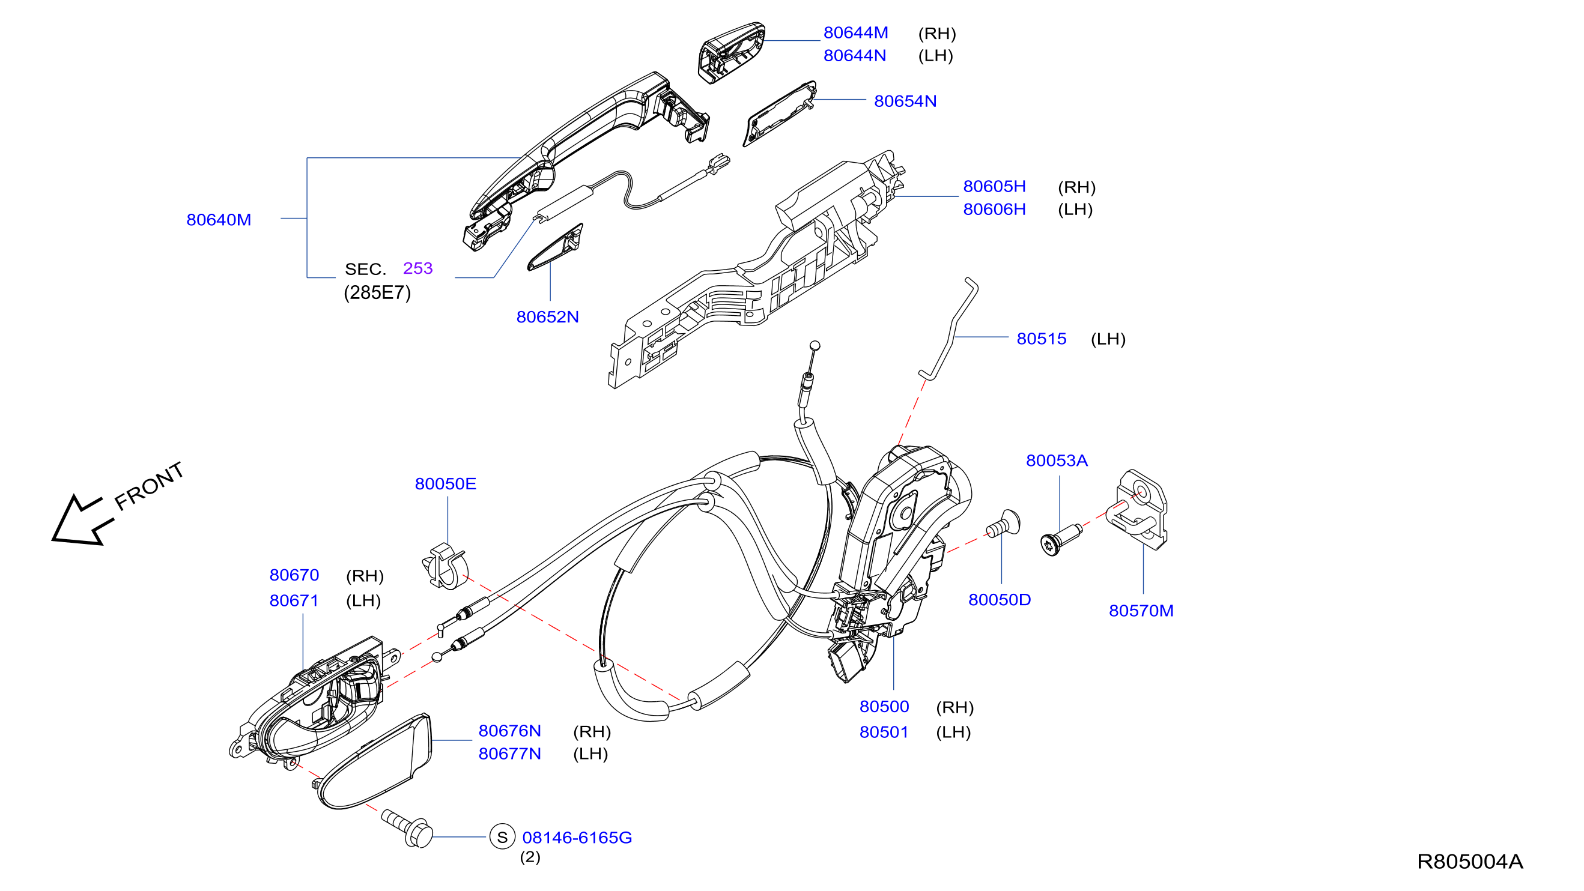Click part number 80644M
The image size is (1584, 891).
pyautogui.click(x=855, y=32)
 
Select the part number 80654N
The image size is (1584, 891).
pyautogui.click(x=905, y=101)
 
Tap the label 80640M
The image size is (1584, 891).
pyautogui.click(x=219, y=220)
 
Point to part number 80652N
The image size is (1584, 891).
pyautogui.click(x=547, y=317)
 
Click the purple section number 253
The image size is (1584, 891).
pyautogui.click(x=418, y=268)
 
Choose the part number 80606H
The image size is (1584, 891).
pyautogui.click(x=994, y=210)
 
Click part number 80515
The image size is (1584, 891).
pyautogui.click(x=1042, y=339)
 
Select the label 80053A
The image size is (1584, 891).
pyautogui.click(x=1057, y=461)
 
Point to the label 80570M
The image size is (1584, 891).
pyautogui.click(x=1141, y=611)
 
